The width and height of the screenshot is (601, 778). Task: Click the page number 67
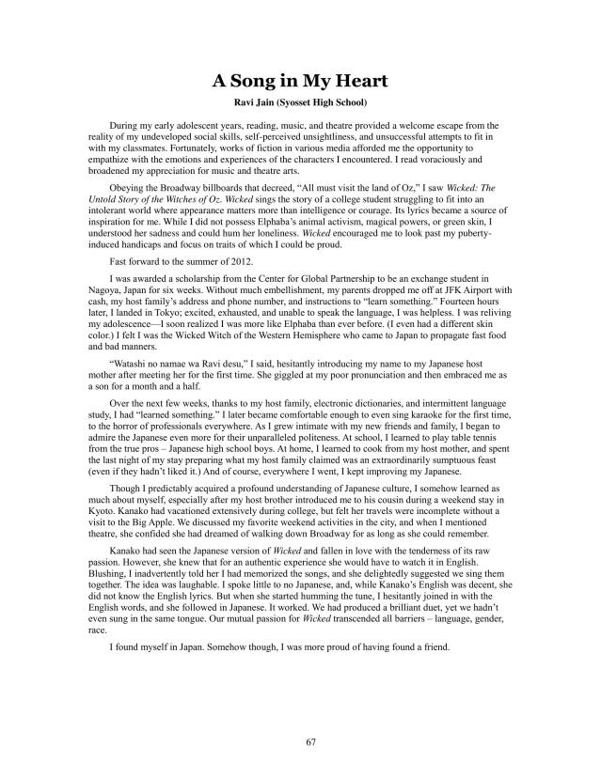(x=300, y=741)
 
